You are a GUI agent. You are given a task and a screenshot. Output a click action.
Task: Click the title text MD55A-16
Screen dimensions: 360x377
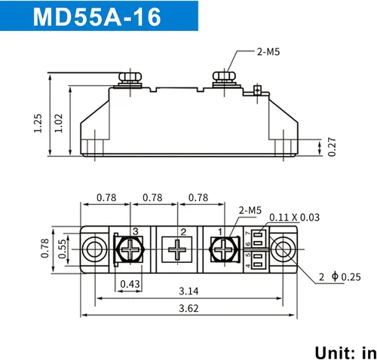tap(97, 17)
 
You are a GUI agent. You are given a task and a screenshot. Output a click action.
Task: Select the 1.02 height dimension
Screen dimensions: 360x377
tap(60, 121)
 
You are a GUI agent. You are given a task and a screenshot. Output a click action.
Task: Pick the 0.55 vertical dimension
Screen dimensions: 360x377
tap(62, 247)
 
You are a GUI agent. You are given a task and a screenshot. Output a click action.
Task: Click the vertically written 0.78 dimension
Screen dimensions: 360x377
tap(45, 247)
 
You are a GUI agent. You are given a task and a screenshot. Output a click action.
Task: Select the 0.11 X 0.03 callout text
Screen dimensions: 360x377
tap(294, 217)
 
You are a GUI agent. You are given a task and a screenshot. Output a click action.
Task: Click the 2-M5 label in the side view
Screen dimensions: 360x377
tap(268, 53)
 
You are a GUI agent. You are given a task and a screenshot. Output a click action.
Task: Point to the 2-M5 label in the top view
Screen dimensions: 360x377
tap(250, 210)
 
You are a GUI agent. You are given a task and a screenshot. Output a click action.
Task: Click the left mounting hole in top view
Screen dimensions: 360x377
tap(94, 248)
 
